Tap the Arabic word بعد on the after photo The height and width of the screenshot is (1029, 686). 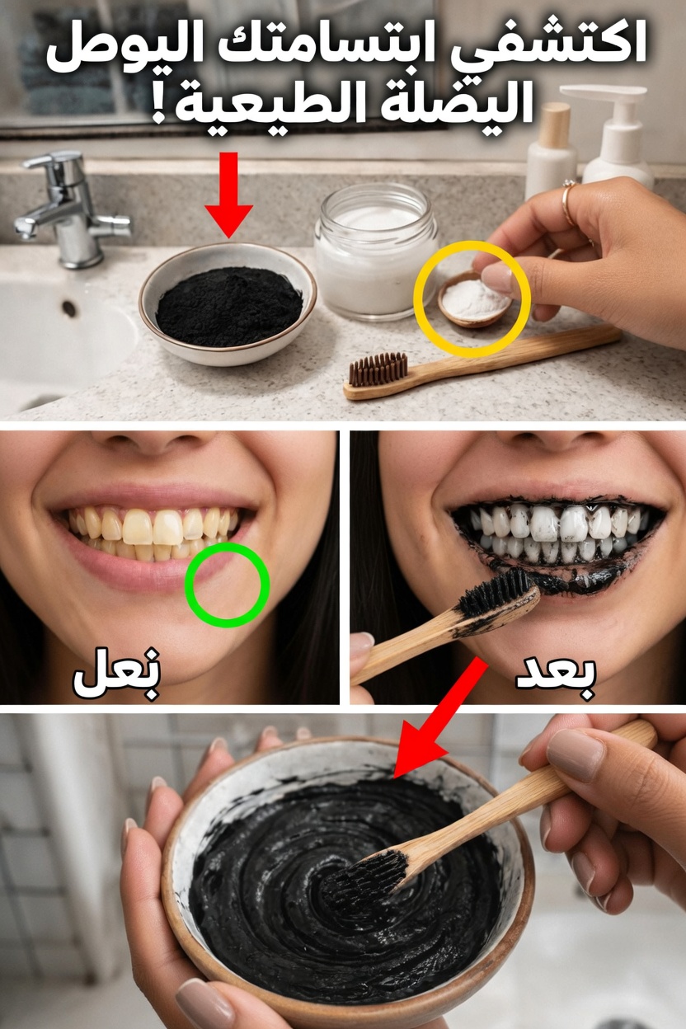click(556, 674)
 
